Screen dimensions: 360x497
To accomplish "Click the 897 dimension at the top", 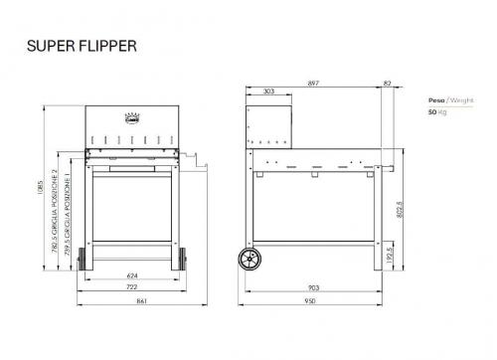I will click(316, 84).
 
